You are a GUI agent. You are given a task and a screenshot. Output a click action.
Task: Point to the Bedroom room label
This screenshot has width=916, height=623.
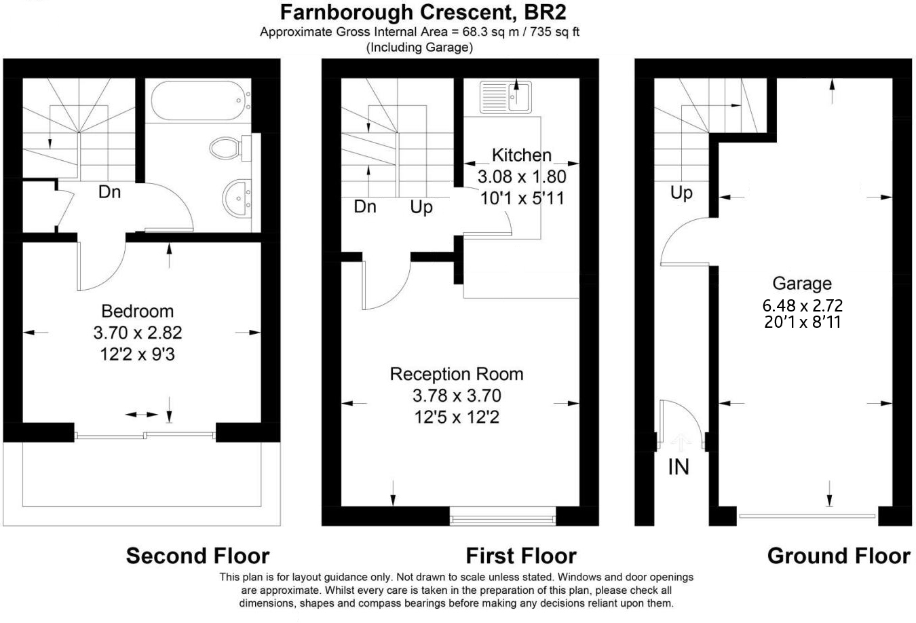137,311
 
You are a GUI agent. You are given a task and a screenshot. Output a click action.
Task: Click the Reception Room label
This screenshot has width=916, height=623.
456,374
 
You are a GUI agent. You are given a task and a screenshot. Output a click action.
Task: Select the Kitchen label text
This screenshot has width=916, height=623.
521,155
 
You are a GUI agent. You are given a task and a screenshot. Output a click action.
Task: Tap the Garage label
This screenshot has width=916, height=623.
801,284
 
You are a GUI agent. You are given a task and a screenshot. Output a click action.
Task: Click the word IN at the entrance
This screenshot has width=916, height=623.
679,467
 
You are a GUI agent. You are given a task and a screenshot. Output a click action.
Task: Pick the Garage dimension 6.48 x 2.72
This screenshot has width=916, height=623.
803,306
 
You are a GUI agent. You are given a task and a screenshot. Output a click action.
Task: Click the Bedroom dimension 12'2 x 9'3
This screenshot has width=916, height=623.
137,354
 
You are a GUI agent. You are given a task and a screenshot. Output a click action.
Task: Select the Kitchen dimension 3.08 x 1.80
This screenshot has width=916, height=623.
521,177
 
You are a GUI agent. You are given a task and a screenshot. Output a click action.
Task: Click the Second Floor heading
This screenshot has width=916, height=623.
197,556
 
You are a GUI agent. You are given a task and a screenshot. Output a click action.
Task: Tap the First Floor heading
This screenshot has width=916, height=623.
520,556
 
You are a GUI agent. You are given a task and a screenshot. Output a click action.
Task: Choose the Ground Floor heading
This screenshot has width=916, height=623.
838,556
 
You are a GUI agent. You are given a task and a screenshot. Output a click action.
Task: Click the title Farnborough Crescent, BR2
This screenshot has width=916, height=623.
423,12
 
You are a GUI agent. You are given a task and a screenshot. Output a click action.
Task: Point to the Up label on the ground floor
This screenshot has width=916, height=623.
681,193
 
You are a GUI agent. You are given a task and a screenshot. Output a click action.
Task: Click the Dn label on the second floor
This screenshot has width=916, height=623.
109,192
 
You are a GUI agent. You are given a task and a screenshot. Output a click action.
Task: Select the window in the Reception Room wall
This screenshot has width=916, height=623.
503,520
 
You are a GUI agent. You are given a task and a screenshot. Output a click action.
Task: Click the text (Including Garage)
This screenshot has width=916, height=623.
419,48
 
